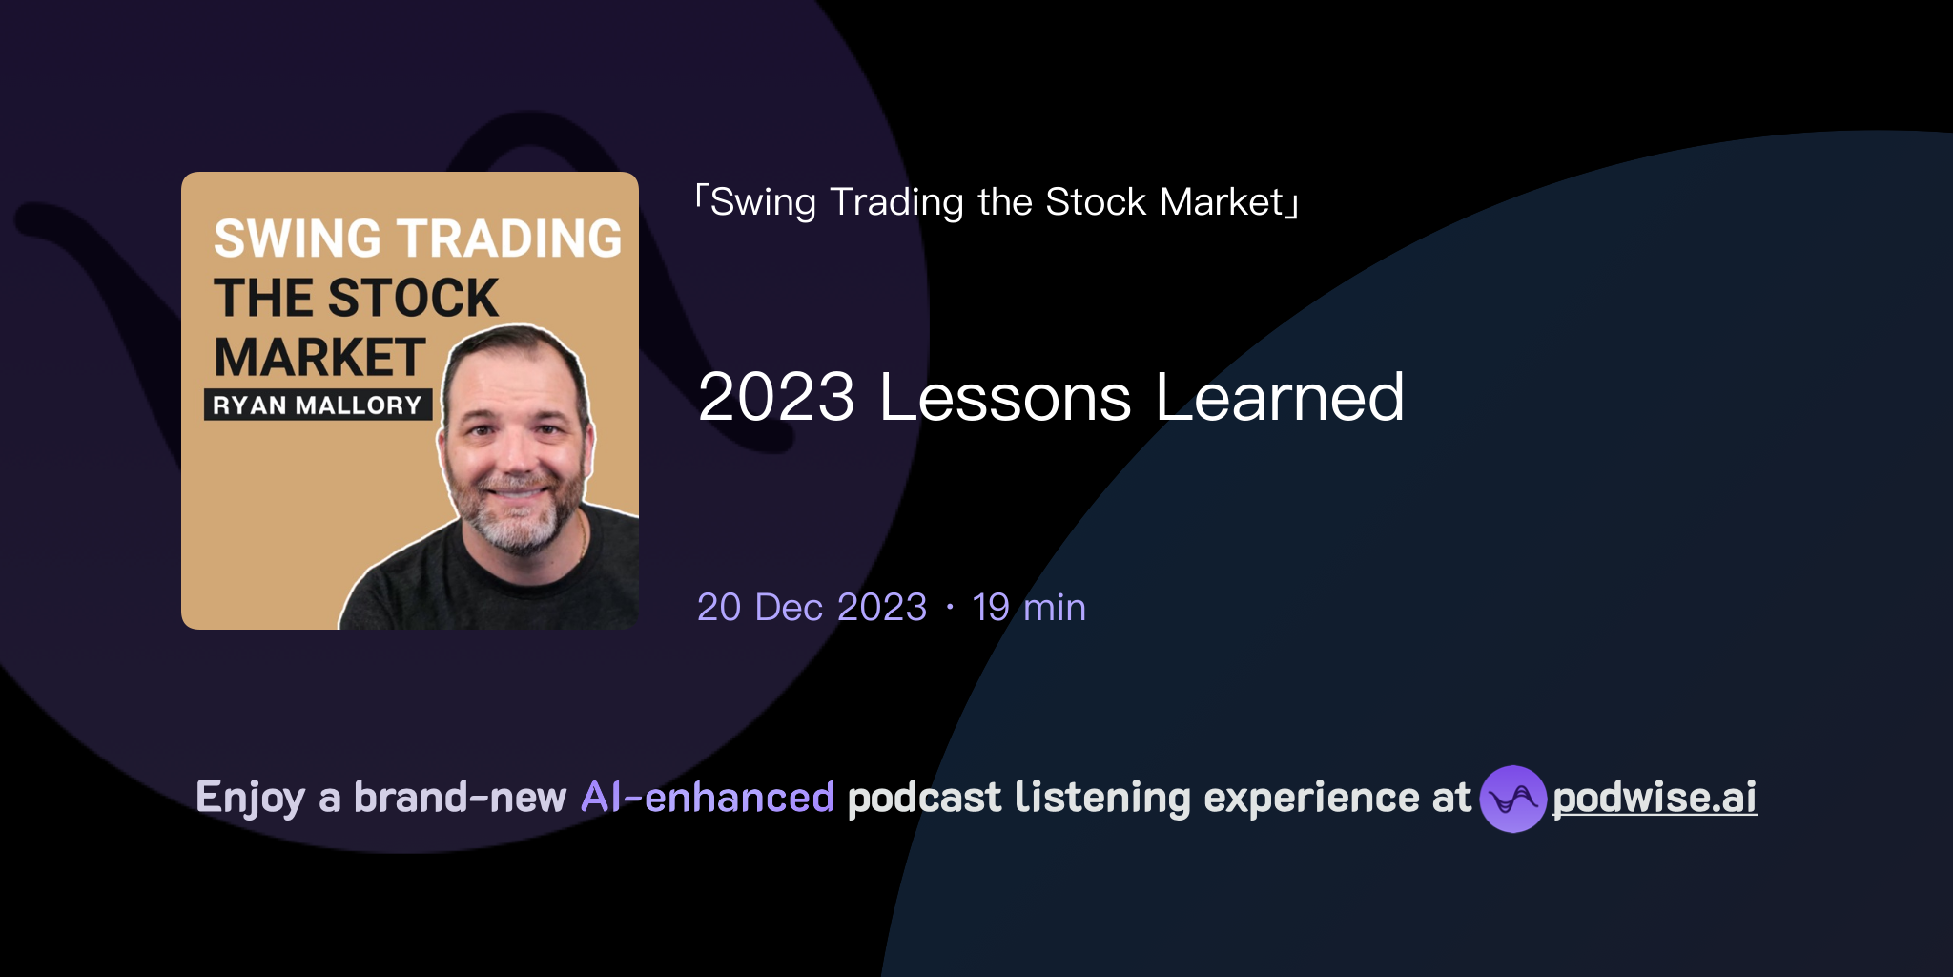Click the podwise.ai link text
pyautogui.click(x=1654, y=798)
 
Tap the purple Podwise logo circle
pyautogui.click(x=1512, y=799)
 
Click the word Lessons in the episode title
pyautogui.click(x=1005, y=397)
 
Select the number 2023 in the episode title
pyautogui.click(x=776, y=397)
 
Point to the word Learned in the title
pyautogui.click(x=1280, y=397)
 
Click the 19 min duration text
pyautogui.click(x=1029, y=608)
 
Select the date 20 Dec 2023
pyautogui.click(x=812, y=608)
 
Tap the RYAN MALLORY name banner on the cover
pyautogui.click(x=318, y=405)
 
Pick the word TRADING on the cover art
pyautogui.click(x=509, y=239)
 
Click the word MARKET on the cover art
pyautogui.click(x=319, y=358)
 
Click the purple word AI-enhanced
pyautogui.click(x=708, y=798)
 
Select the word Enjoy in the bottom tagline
pyautogui.click(x=250, y=798)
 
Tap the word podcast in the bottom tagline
pyautogui.click(x=924, y=798)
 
